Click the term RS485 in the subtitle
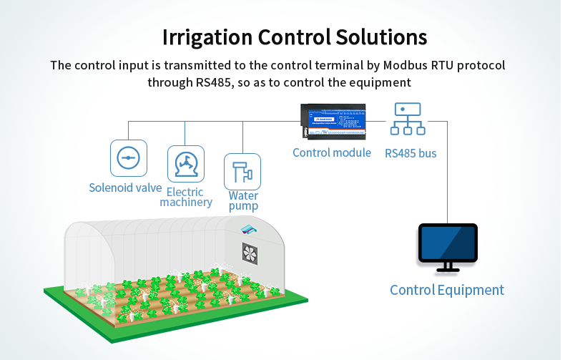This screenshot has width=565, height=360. click(x=212, y=82)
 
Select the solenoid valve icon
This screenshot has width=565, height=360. click(x=129, y=158)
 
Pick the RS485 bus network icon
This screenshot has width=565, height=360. click(x=406, y=119)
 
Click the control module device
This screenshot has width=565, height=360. click(x=334, y=122)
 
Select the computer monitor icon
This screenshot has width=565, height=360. click(x=447, y=243)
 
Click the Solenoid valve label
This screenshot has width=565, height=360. click(x=125, y=188)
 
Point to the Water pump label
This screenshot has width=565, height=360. click(x=243, y=201)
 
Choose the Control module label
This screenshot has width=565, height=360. click(x=332, y=152)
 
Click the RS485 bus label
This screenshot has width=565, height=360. click(x=411, y=153)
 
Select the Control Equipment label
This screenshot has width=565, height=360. click(x=446, y=290)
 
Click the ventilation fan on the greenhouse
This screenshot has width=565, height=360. click(x=250, y=255)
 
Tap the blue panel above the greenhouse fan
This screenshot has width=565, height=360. click(x=250, y=228)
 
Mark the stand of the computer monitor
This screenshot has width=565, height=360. click(x=448, y=268)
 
